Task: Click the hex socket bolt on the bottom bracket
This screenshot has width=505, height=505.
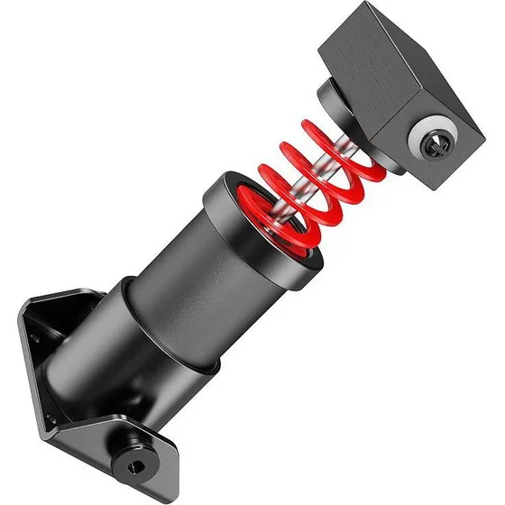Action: pyautogui.click(x=135, y=465)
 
